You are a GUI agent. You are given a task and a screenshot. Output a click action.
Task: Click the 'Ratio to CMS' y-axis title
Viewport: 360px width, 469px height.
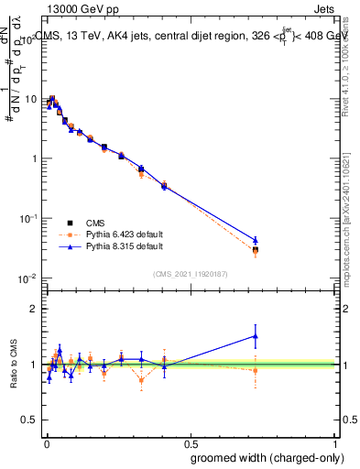pyautogui.click(x=12, y=365)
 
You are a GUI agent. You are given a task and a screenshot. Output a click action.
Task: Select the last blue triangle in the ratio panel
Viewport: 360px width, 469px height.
pyautogui.click(x=256, y=336)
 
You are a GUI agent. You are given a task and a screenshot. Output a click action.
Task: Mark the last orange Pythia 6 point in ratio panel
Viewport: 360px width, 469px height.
pyautogui.click(x=256, y=370)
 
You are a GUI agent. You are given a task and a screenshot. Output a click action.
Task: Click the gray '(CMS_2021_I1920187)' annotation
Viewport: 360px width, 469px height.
pyautogui.click(x=190, y=272)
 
